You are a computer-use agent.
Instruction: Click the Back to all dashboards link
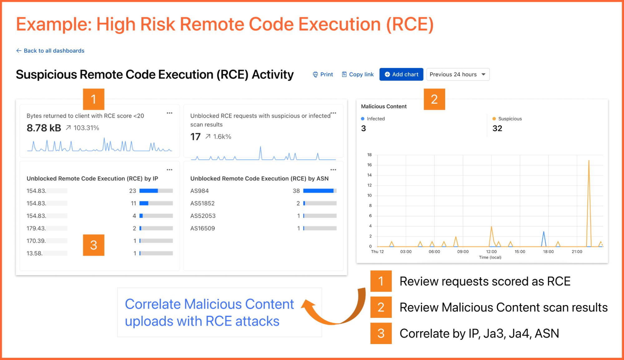50,51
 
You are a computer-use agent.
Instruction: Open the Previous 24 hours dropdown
458,74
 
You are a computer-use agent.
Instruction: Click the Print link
323,74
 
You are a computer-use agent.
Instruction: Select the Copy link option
358,74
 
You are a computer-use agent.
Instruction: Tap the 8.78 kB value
44,128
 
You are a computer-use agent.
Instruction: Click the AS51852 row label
202,203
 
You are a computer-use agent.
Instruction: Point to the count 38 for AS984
296,191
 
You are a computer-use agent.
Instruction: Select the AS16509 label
203,228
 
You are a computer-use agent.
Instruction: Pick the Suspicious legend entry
507,119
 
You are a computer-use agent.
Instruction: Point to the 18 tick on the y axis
369,155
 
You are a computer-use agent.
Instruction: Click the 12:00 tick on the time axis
491,252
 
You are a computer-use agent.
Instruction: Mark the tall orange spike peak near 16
589,160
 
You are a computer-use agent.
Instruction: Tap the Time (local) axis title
490,257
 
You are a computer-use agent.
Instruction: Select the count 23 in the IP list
132,191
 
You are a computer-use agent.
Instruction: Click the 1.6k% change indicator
218,136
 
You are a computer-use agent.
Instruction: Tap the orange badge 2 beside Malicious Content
434,99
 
